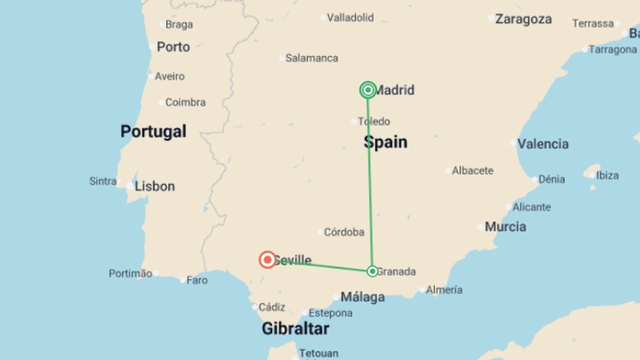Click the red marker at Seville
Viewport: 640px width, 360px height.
(267, 260)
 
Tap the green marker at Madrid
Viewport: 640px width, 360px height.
(368, 90)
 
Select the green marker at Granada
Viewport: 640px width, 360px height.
(372, 271)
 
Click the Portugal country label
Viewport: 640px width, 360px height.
(153, 131)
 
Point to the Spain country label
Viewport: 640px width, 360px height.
(386, 142)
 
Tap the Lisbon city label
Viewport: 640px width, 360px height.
(155, 186)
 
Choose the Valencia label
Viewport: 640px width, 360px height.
(543, 144)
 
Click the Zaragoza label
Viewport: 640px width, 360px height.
(523, 19)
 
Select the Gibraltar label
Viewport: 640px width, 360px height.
(295, 329)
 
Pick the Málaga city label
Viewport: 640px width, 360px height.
(363, 297)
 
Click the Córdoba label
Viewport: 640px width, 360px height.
(344, 232)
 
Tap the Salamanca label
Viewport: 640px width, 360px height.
(312, 58)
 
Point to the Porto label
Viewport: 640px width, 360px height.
(173, 47)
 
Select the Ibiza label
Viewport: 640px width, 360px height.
(607, 175)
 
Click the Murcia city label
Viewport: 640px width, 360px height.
(505, 227)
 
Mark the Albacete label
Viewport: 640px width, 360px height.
(473, 171)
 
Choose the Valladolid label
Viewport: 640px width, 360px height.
(350, 18)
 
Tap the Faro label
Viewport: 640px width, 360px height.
(197, 280)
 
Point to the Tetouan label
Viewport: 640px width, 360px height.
(319, 353)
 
